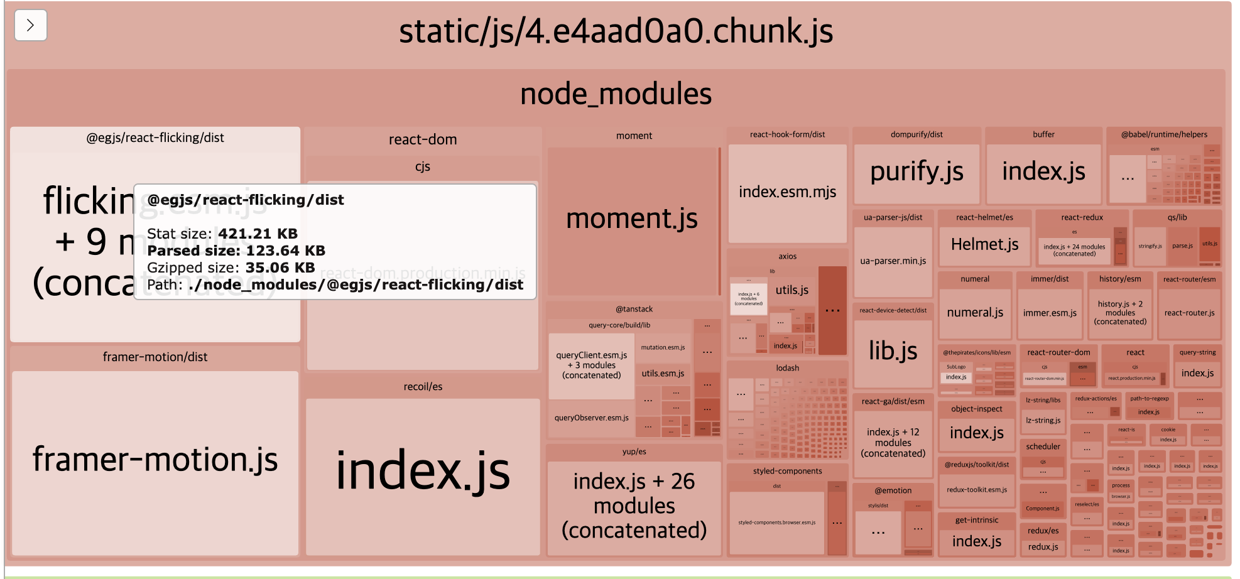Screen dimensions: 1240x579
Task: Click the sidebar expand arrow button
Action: [x=30, y=26]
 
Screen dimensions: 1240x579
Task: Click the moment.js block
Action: [x=632, y=219]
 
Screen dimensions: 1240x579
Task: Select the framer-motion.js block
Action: [x=155, y=460]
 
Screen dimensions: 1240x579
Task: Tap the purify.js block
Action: [x=916, y=171]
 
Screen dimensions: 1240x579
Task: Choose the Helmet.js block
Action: [x=984, y=244]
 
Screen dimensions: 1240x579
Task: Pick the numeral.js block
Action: [x=975, y=312]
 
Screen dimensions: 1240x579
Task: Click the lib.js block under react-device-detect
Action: [x=893, y=351]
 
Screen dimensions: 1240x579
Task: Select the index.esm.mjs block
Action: [x=787, y=192]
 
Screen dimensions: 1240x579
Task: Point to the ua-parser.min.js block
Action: [x=893, y=261]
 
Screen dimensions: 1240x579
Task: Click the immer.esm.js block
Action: [x=1050, y=313]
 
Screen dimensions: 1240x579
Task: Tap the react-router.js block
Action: [x=1189, y=313]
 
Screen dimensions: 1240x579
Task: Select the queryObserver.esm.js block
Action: [x=591, y=418]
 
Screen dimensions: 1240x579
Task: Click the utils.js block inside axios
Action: [x=791, y=290]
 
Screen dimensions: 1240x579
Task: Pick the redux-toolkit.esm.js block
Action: [x=976, y=490]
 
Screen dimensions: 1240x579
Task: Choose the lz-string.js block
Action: [x=1043, y=420]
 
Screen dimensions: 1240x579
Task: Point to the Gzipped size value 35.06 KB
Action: [x=280, y=268]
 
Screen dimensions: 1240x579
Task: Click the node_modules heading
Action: [x=616, y=95]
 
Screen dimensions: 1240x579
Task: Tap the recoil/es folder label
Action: [x=423, y=387]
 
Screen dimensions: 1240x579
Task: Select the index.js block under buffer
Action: [x=1043, y=171]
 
